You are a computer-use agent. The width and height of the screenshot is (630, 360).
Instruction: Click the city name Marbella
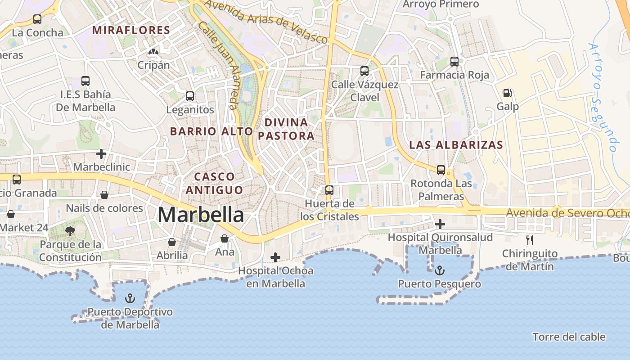(201, 215)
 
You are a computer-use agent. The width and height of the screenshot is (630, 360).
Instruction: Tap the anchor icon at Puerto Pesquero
(440, 270)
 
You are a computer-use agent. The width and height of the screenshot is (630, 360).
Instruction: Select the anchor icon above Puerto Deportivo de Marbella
(130, 298)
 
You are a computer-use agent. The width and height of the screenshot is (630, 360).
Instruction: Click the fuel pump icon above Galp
(507, 93)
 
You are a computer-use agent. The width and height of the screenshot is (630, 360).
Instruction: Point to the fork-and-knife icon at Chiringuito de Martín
(530, 240)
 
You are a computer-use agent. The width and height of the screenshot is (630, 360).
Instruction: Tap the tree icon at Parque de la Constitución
(70, 231)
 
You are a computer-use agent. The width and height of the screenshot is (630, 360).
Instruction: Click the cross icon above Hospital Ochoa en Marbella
(275, 257)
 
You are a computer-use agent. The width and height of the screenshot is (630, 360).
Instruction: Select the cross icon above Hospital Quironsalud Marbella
(440, 224)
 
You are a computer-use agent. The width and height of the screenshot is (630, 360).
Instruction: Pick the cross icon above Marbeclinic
(101, 154)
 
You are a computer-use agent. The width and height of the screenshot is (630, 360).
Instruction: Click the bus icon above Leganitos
(190, 96)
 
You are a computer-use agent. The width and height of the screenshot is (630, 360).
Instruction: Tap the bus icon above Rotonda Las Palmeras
(441, 170)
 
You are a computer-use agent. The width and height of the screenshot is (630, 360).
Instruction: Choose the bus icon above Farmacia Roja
(454, 62)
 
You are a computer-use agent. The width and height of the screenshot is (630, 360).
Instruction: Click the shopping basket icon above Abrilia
(172, 242)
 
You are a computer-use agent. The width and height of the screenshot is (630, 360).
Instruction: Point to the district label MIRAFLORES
(131, 31)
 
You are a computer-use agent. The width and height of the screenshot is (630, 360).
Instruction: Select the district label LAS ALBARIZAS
(456, 145)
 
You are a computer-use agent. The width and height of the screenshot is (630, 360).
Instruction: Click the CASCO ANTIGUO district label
(214, 183)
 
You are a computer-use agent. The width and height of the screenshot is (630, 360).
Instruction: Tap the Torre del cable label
(569, 337)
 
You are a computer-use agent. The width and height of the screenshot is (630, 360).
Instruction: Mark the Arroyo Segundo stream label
(603, 97)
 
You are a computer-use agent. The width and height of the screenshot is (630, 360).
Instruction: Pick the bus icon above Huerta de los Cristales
(329, 190)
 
